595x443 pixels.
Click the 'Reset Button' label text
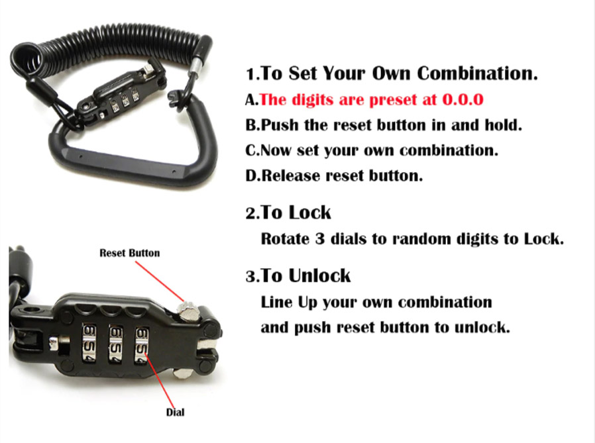click(x=129, y=253)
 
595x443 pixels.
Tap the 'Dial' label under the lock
click(x=176, y=413)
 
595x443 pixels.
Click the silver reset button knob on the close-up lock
click(x=187, y=310)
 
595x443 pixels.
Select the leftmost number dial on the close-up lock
click(x=89, y=343)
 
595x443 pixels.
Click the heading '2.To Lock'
click(x=288, y=213)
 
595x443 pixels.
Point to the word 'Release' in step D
click(x=291, y=175)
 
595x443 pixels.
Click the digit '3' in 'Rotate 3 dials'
click(x=319, y=239)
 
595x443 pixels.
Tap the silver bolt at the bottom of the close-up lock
click(x=182, y=373)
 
